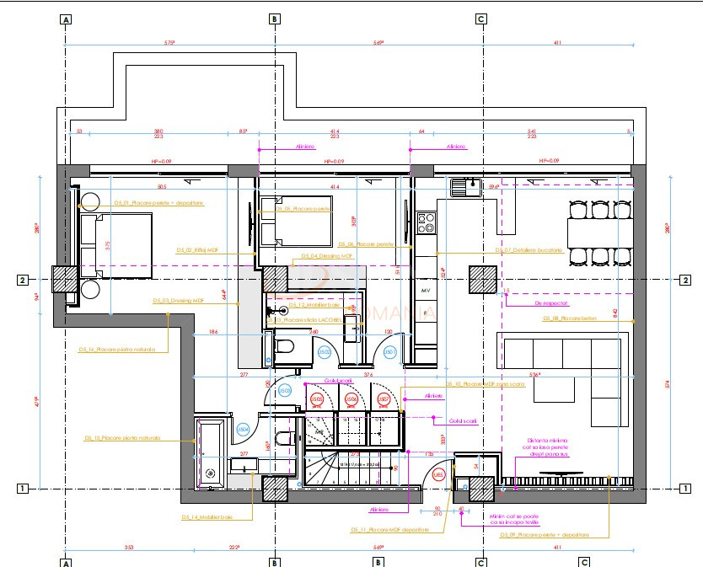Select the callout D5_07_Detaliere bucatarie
tap(528, 250)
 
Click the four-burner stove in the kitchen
tap(427, 222)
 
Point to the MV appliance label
tap(426, 289)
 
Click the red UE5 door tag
tap(438, 476)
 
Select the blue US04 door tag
tap(243, 430)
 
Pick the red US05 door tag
tap(317, 399)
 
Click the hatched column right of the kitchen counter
tap(483, 278)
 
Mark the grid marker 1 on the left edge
tap(24, 488)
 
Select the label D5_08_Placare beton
tap(564, 318)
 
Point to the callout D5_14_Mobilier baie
tap(206, 516)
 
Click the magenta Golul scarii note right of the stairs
tap(463, 420)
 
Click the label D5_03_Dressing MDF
tap(178, 300)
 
